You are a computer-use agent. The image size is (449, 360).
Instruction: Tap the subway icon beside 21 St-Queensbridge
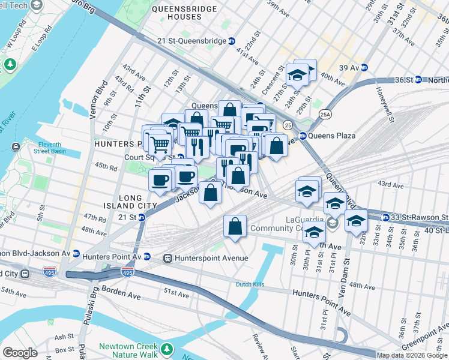click(231, 41)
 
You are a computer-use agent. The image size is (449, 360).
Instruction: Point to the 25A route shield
click(325, 114)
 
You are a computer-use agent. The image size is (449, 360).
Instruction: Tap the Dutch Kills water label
click(251, 284)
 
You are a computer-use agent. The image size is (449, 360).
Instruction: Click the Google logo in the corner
click(20, 353)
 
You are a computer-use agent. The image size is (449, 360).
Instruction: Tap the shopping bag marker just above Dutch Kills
click(235, 227)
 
